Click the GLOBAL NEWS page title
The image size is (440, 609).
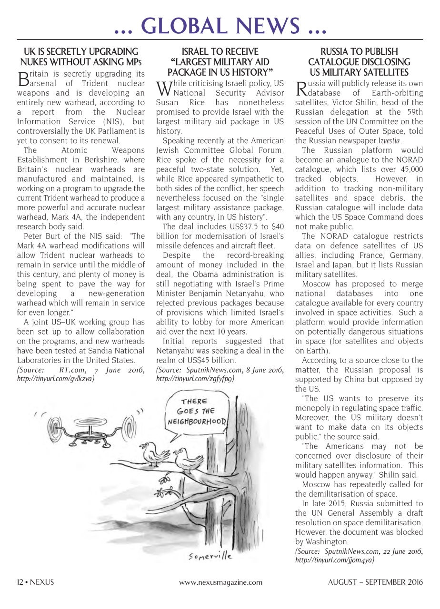[x=220, y=25]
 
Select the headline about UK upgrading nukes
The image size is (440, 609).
[x=81, y=57]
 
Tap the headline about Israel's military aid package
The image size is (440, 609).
[x=220, y=62]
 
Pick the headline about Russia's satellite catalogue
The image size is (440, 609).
[x=359, y=62]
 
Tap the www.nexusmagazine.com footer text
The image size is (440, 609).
[x=220, y=582]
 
